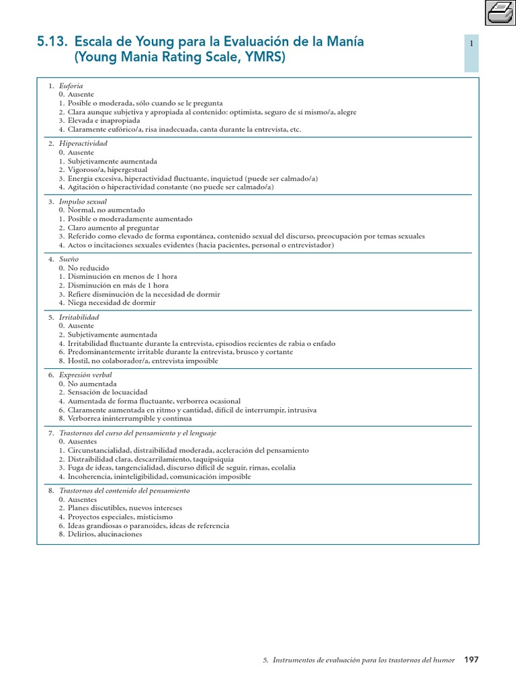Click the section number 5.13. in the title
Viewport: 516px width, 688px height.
click(x=52, y=42)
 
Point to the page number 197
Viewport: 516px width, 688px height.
click(x=471, y=660)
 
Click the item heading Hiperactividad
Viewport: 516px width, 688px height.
click(x=83, y=144)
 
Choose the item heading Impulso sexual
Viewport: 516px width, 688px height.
click(x=83, y=202)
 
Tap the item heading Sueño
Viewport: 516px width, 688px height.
click(x=69, y=259)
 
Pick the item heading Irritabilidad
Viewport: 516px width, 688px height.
click(x=79, y=317)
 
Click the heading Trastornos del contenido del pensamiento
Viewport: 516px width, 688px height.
click(x=124, y=491)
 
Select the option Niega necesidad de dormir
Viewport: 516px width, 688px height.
click(x=112, y=303)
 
